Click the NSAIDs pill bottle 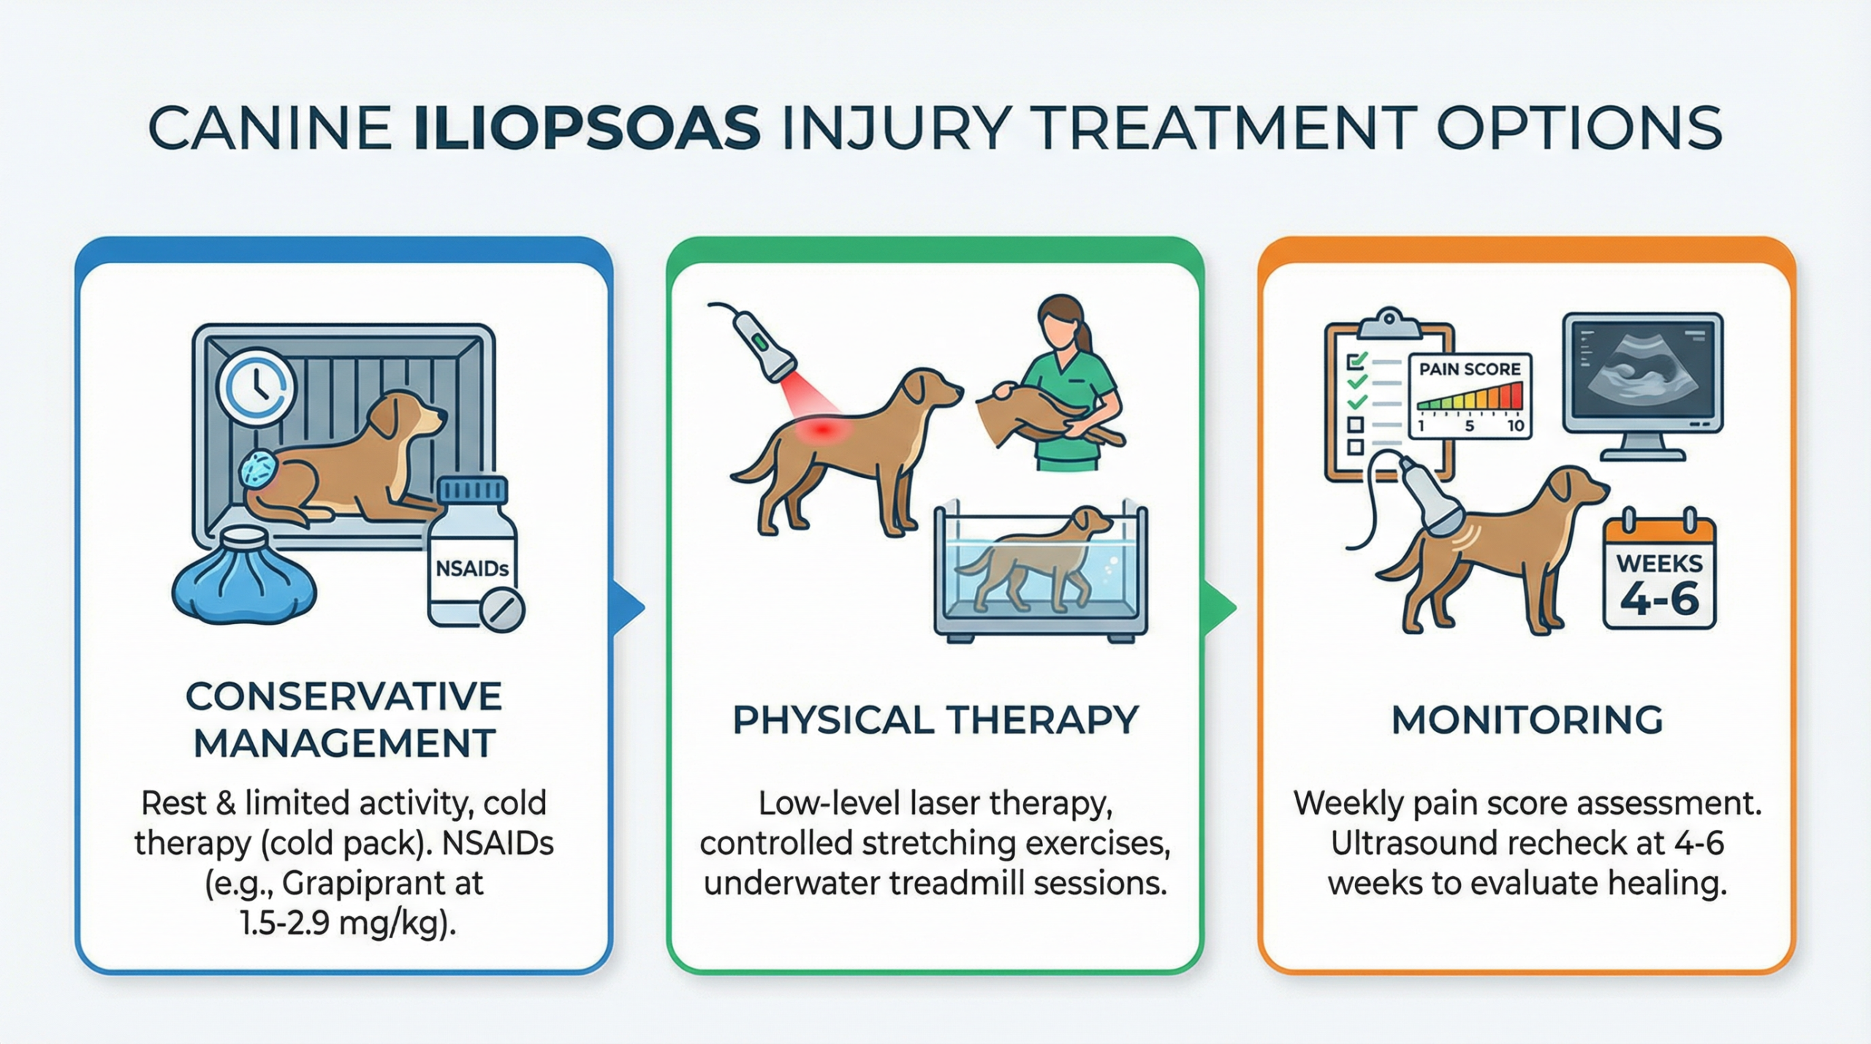[x=474, y=553]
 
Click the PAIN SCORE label [x=1470, y=369]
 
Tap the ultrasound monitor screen [x=1642, y=373]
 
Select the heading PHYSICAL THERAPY [x=935, y=720]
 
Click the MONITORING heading [x=1527, y=720]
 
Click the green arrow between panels [x=1221, y=607]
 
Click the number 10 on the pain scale [x=1515, y=426]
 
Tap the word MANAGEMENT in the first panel [x=344, y=744]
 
